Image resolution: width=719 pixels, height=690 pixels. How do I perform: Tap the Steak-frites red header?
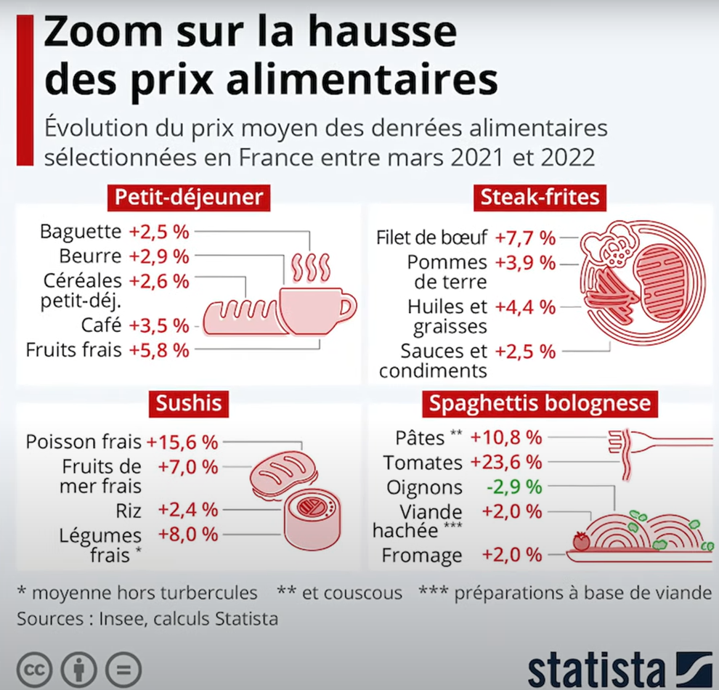pyautogui.click(x=540, y=196)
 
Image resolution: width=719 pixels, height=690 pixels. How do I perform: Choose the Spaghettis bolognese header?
pyautogui.click(x=540, y=403)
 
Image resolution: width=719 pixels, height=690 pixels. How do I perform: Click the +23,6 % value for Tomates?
pyautogui.click(x=506, y=462)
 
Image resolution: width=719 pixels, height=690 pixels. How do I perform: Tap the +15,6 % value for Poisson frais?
pyautogui.click(x=182, y=442)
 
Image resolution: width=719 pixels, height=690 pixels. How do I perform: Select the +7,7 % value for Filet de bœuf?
pyautogui.click(x=525, y=238)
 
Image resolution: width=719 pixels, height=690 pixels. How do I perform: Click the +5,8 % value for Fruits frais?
pyautogui.click(x=159, y=349)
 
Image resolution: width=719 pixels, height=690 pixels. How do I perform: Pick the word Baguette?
pyautogui.click(x=81, y=232)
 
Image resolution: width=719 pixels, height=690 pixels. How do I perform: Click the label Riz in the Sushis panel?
pyautogui.click(x=129, y=508)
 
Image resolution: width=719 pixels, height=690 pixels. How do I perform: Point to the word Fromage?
pyautogui.click(x=422, y=556)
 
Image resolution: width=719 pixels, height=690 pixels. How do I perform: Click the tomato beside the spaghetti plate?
pyautogui.click(x=581, y=541)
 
